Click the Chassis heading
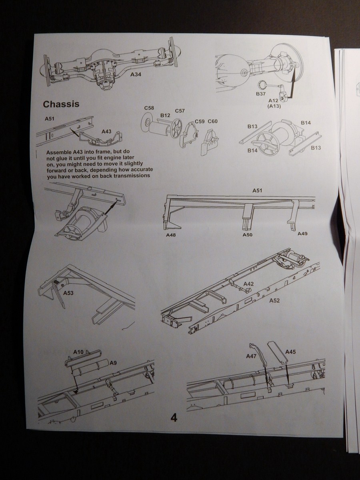point(61,104)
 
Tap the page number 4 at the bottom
point(174,418)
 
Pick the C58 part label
point(149,108)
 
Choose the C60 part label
point(213,121)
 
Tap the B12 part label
point(165,115)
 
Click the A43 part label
point(107,131)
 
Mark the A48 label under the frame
point(171,235)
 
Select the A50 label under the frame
point(248,235)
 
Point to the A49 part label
point(302,233)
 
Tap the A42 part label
point(249,284)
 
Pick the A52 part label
point(275,300)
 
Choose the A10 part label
point(78,352)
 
